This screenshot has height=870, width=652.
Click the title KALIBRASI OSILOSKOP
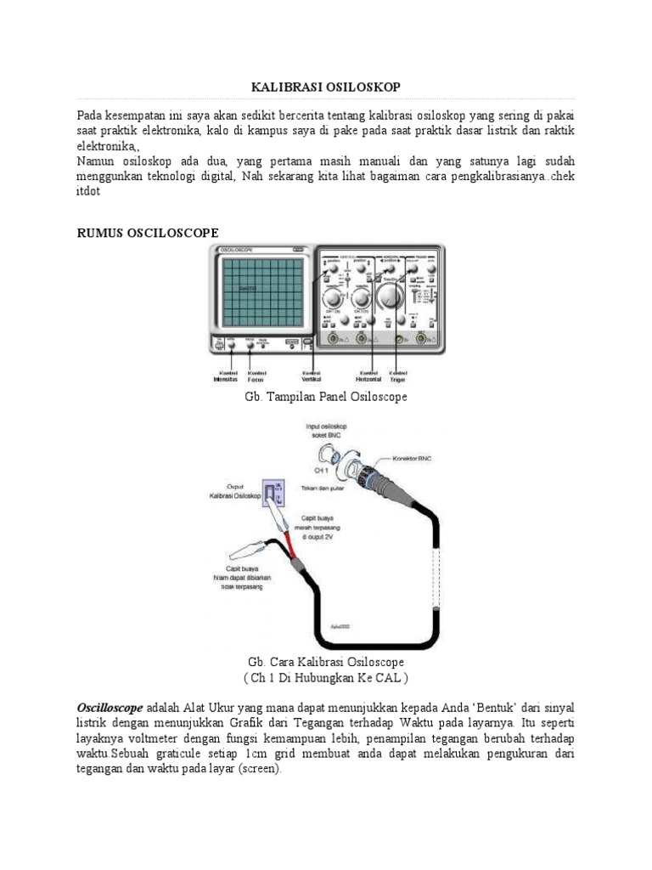[x=326, y=88]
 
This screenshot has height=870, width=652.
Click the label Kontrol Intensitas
[x=226, y=376]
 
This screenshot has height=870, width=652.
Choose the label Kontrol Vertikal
[x=311, y=376]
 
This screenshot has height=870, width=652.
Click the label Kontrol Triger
[x=397, y=376]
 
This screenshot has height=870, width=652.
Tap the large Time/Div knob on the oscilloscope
[x=390, y=297]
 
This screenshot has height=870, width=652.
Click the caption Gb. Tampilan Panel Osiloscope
[x=326, y=397]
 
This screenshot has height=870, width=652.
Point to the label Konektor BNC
[x=435, y=456]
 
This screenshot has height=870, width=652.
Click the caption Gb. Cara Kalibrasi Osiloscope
[x=326, y=662]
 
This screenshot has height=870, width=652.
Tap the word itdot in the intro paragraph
[x=88, y=192]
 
